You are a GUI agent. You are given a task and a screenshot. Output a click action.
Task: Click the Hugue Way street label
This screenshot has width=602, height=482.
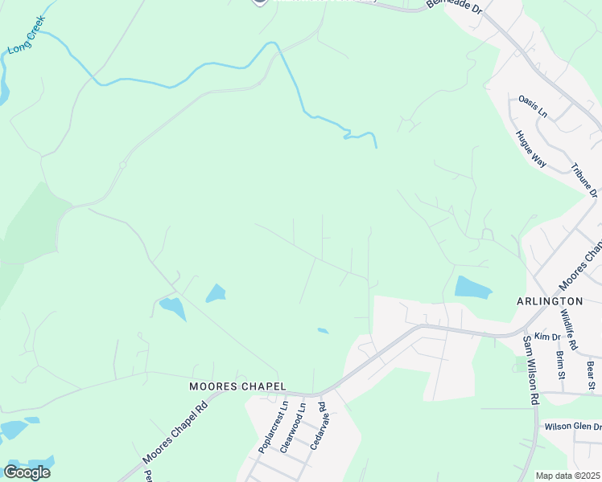click(531, 148)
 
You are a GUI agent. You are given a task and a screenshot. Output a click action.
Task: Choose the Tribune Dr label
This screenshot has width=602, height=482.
click(584, 181)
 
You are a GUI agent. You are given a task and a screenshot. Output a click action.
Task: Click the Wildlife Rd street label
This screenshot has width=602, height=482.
click(568, 329)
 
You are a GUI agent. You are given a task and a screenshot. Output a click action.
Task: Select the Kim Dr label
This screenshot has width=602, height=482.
click(546, 336)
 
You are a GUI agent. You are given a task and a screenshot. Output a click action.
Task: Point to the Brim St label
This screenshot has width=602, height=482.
click(560, 364)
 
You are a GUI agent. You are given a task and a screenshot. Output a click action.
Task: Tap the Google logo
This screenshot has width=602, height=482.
click(27, 472)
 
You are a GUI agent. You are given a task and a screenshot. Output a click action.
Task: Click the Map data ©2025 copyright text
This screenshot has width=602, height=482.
click(568, 476)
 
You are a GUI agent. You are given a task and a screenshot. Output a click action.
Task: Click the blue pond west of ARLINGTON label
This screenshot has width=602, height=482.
click(472, 288)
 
